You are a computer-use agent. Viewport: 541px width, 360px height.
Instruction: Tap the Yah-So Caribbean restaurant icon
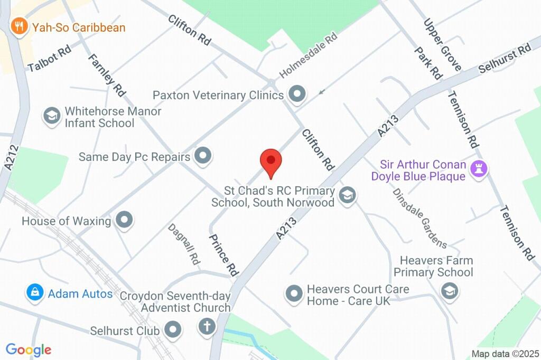(20, 26)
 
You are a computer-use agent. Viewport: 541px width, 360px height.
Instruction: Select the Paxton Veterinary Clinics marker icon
(297, 95)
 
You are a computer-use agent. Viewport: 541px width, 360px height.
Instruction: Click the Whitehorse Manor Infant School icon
(52, 117)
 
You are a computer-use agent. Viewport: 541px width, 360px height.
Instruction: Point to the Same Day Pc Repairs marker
(203, 156)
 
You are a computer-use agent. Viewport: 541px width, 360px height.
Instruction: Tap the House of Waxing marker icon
(124, 220)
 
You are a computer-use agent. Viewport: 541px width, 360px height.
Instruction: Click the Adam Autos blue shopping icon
(35, 292)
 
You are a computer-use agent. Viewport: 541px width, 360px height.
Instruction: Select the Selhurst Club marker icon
(173, 331)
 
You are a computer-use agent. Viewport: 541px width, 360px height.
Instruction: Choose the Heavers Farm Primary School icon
(449, 290)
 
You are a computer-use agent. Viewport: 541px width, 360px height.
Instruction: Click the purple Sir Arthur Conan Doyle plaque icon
(480, 169)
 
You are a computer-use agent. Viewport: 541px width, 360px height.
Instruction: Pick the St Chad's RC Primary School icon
(347, 195)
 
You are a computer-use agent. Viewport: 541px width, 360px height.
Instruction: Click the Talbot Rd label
(50, 60)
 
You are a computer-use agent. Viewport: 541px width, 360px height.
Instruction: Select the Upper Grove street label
(442, 45)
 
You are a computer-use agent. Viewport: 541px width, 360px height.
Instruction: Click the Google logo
(29, 350)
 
